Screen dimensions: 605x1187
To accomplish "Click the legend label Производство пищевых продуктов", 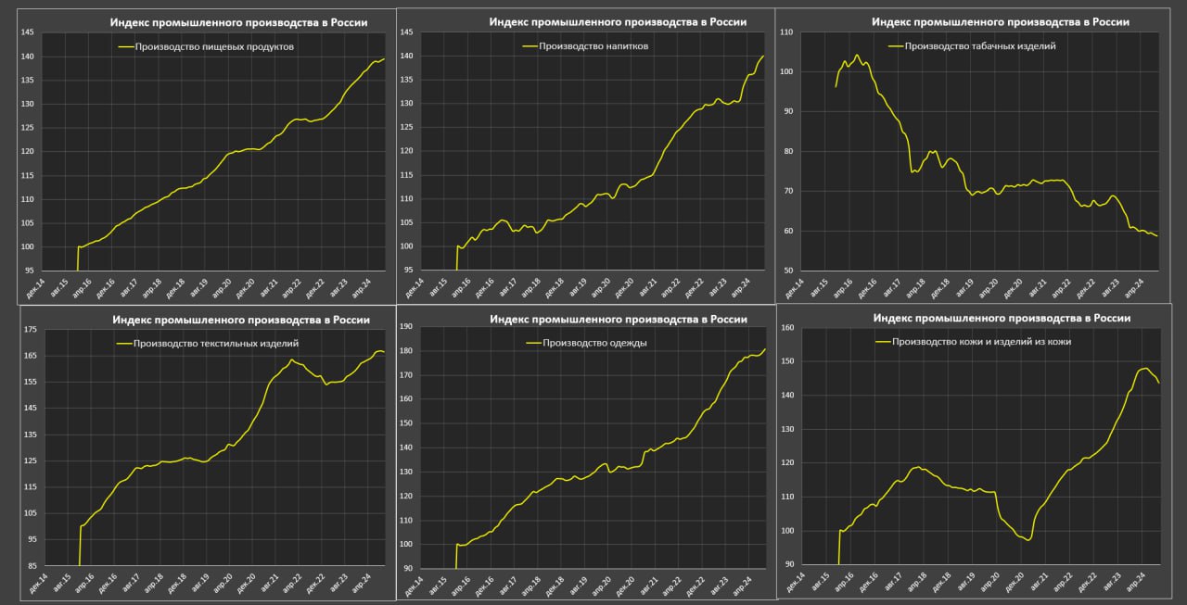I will click(x=213, y=46).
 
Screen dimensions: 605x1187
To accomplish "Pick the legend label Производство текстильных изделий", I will click(x=216, y=344).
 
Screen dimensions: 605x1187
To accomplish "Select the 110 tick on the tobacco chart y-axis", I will click(x=787, y=32).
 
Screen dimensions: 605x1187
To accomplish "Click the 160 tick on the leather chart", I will click(x=787, y=328).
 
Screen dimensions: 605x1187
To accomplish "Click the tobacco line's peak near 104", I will click(x=856, y=56).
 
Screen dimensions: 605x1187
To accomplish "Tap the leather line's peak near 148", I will click(x=1144, y=368).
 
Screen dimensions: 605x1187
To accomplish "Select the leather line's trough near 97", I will click(x=1027, y=540).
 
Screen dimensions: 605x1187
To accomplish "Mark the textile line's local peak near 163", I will click(x=292, y=359).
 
